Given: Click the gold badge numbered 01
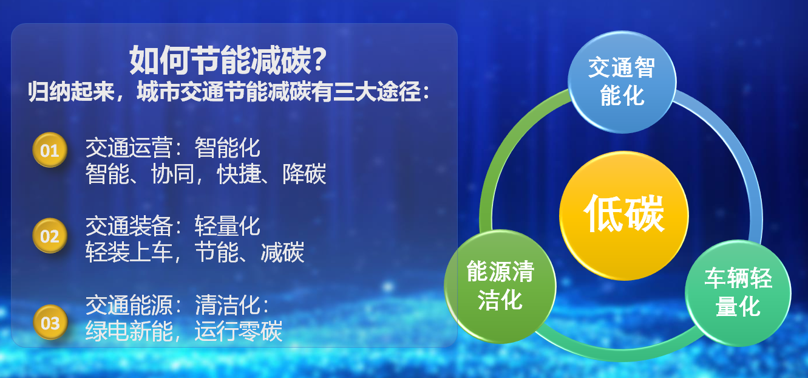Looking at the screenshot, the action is tap(50, 150).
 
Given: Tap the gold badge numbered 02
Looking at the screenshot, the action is tap(50, 236).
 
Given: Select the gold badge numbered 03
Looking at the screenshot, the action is tap(50, 323).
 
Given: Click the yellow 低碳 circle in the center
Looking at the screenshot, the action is tap(624, 216).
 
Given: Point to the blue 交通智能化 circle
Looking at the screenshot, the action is tap(622, 82).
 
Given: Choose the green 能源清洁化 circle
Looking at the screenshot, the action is tap(500, 286).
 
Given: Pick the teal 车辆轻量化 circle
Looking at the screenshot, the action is tap(738, 293).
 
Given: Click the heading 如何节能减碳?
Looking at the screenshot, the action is tap(228, 60).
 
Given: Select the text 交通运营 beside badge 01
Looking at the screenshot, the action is tap(129, 148).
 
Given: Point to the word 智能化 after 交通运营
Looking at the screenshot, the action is tap(227, 148).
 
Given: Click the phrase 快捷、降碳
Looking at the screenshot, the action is tap(271, 174).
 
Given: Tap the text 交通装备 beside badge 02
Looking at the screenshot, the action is tap(129, 226).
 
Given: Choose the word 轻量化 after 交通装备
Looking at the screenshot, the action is tap(227, 226).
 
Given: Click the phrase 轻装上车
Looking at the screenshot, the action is tap(129, 252).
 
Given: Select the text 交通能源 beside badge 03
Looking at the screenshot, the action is tap(129, 304).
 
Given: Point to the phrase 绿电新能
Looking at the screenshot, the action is tap(129, 331).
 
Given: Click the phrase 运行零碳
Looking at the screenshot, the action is tap(239, 331).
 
